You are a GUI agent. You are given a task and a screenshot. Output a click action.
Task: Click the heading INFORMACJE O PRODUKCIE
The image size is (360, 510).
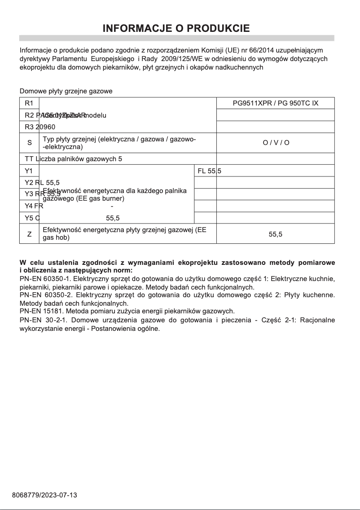pyautogui.click(x=176, y=28)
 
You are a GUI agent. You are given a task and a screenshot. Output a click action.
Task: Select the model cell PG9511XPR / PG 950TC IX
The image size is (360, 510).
pyautogui.click(x=275, y=103)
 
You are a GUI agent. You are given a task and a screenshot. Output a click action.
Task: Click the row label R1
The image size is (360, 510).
pyautogui.click(x=29, y=103)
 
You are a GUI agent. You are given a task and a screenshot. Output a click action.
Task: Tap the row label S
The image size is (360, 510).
pyautogui.click(x=30, y=143)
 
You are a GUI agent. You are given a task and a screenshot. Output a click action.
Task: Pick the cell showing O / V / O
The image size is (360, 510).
pyautogui.click(x=276, y=143)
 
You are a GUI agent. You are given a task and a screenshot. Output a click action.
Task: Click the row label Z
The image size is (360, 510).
pyautogui.click(x=30, y=233)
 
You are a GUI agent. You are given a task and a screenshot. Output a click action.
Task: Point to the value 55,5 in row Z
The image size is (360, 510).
pyautogui.click(x=276, y=234)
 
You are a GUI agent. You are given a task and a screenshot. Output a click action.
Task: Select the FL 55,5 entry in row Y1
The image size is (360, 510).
pyautogui.click(x=209, y=171)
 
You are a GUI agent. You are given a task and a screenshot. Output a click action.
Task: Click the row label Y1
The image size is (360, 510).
pyautogui.click(x=29, y=171)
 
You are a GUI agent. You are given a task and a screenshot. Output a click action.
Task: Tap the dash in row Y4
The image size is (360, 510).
pyautogui.click(x=112, y=206)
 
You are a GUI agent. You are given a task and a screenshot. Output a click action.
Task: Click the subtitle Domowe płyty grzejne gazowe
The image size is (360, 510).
pyautogui.click(x=66, y=91)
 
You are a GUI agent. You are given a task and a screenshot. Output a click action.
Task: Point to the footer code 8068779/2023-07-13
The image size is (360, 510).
pyautogui.click(x=44, y=495)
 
